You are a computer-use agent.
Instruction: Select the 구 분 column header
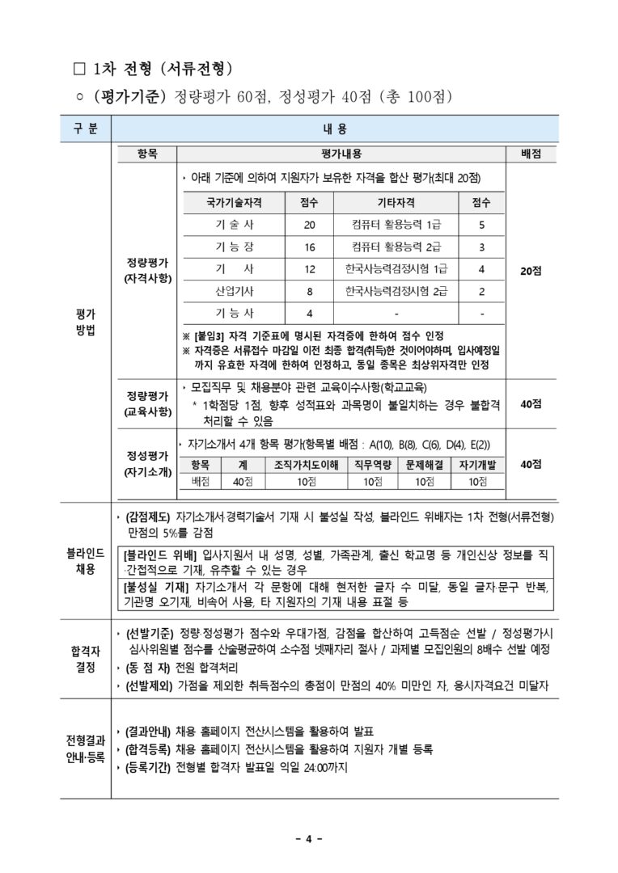pyautogui.click(x=85, y=129)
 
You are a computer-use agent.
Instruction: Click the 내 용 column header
pyautogui.click(x=334, y=129)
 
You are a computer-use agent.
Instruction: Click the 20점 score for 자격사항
pyautogui.click(x=531, y=271)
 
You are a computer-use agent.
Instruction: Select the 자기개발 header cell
pyautogui.click(x=476, y=465)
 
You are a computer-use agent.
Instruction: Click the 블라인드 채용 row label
pyautogui.click(x=85, y=560)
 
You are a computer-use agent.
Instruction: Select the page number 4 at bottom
pyautogui.click(x=308, y=838)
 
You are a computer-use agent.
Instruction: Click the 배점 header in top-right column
pyautogui.click(x=531, y=154)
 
